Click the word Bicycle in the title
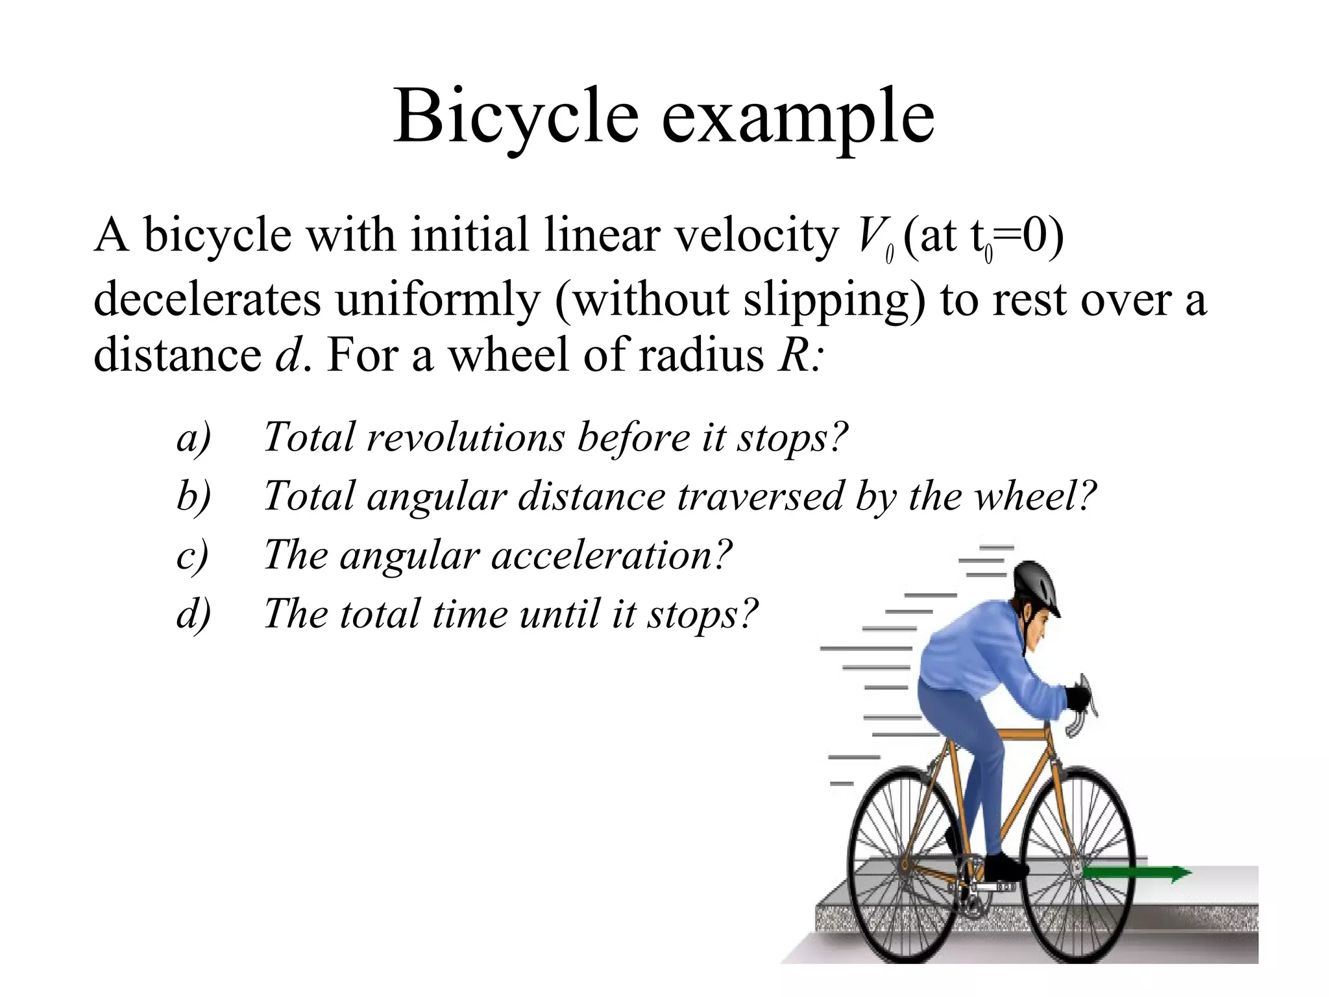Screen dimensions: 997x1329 (x=516, y=117)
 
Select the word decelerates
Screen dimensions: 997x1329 (x=207, y=299)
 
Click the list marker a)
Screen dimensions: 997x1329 (x=193, y=437)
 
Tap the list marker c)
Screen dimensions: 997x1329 (x=192, y=556)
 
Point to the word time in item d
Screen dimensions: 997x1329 (x=469, y=614)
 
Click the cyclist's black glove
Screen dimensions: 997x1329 (x=1077, y=698)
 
